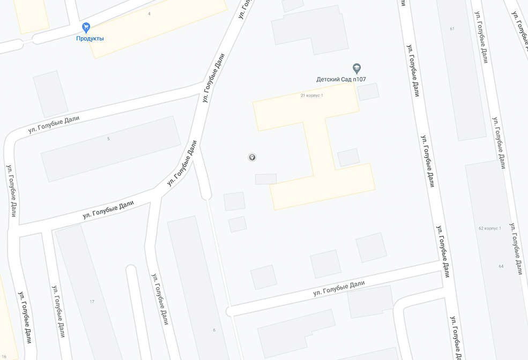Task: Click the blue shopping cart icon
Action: click(86, 27)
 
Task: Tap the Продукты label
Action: click(90, 39)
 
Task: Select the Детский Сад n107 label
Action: click(341, 79)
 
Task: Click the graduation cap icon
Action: click(356, 69)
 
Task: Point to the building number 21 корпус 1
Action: click(311, 95)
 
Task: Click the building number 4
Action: click(149, 13)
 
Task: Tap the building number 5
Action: click(108, 139)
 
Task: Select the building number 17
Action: click(92, 302)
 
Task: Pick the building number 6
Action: click(214, 329)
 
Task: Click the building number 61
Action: click(452, 28)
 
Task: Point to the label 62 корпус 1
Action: click(489, 228)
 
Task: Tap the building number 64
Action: click(501, 266)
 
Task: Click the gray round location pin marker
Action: click(252, 157)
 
